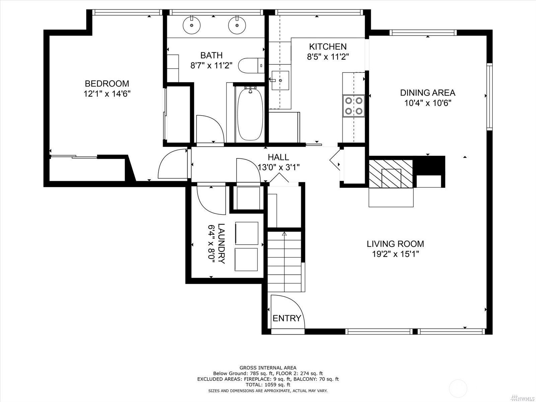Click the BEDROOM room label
click(107, 83)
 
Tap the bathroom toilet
click(251, 65)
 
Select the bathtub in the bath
click(250, 114)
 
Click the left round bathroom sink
click(192, 25)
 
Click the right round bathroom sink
click(237, 25)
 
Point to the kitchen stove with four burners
click(353, 106)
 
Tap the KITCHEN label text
click(328, 46)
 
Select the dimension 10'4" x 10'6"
click(427, 103)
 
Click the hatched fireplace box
click(391, 174)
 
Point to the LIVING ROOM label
click(395, 244)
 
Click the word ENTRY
click(287, 318)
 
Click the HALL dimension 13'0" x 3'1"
click(279, 167)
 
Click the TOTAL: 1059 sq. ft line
click(268, 385)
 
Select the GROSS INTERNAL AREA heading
click(268, 368)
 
